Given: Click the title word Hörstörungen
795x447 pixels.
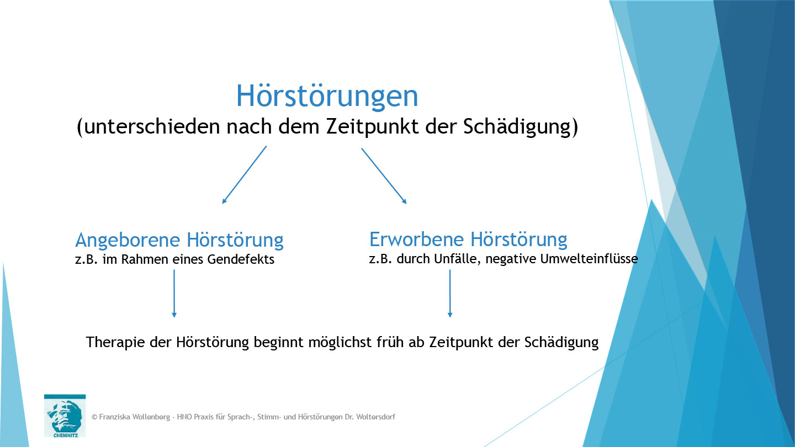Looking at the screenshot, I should [327, 97].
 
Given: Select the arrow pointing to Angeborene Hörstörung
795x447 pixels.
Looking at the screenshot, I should [244, 175].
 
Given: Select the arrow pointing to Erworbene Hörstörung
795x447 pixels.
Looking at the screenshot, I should [384, 175].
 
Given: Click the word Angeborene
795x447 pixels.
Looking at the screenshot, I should [128, 240].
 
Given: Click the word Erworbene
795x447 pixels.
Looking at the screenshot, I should [417, 239].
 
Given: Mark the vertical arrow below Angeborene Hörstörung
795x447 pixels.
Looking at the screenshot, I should [174, 293].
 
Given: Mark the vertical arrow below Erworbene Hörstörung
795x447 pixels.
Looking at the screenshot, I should [450, 293].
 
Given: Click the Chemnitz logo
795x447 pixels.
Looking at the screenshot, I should [65, 416].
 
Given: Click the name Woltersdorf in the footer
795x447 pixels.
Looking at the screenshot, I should [373, 417].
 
